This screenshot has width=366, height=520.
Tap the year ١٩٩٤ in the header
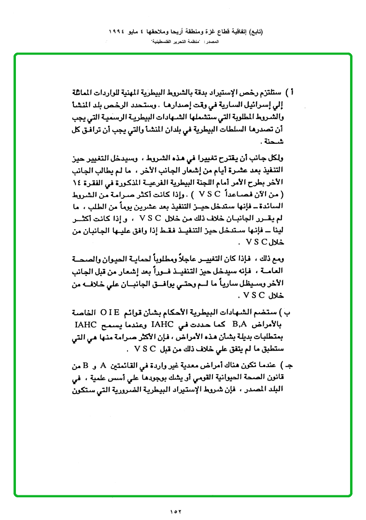pyautogui.click(x=114, y=32)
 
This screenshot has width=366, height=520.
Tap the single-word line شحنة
pyautogui.click(x=271, y=143)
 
